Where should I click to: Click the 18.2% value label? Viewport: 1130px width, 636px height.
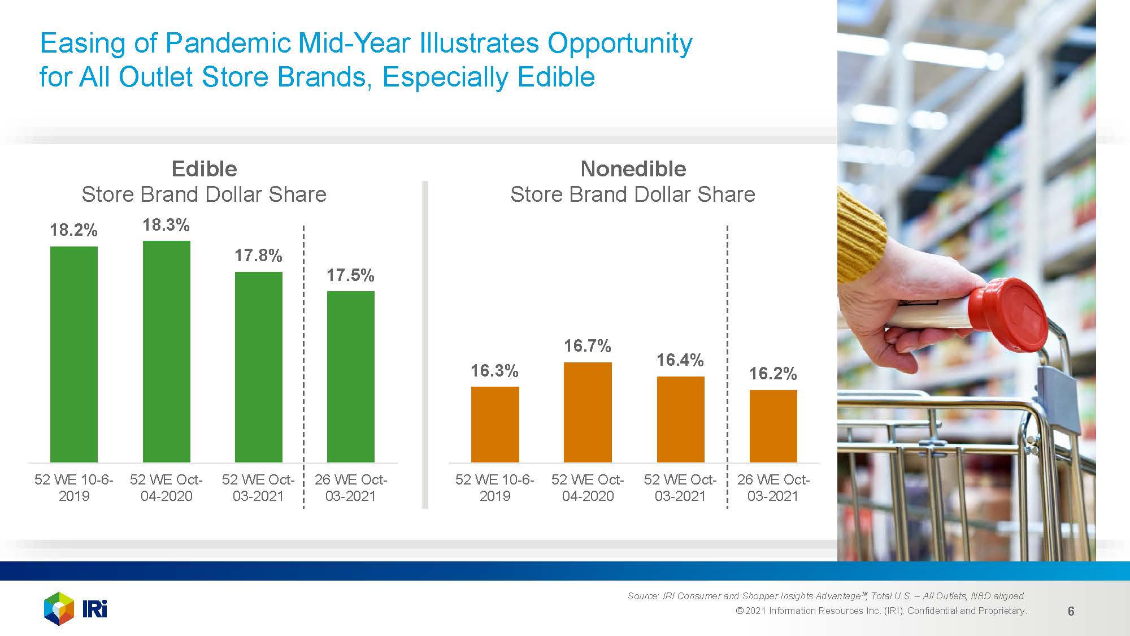coord(73,230)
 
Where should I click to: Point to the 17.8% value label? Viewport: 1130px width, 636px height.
coord(258,256)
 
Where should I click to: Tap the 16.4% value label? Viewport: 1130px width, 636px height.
coord(680,360)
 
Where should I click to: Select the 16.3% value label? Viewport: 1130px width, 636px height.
coord(494,371)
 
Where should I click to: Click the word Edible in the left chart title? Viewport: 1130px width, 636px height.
coord(204,168)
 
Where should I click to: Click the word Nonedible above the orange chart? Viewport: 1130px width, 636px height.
coord(633,168)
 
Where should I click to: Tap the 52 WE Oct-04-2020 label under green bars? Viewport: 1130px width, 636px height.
coord(166,487)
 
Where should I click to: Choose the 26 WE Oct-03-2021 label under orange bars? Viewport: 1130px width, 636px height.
coord(773,487)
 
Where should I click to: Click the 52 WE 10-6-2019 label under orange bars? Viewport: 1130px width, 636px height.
coord(494,487)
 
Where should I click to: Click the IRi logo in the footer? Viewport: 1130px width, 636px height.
coord(76,609)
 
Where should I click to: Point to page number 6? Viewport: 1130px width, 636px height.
coord(1071,611)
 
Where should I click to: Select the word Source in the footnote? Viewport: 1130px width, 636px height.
coord(643,596)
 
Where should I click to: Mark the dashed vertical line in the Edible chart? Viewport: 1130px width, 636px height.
coord(303,367)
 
